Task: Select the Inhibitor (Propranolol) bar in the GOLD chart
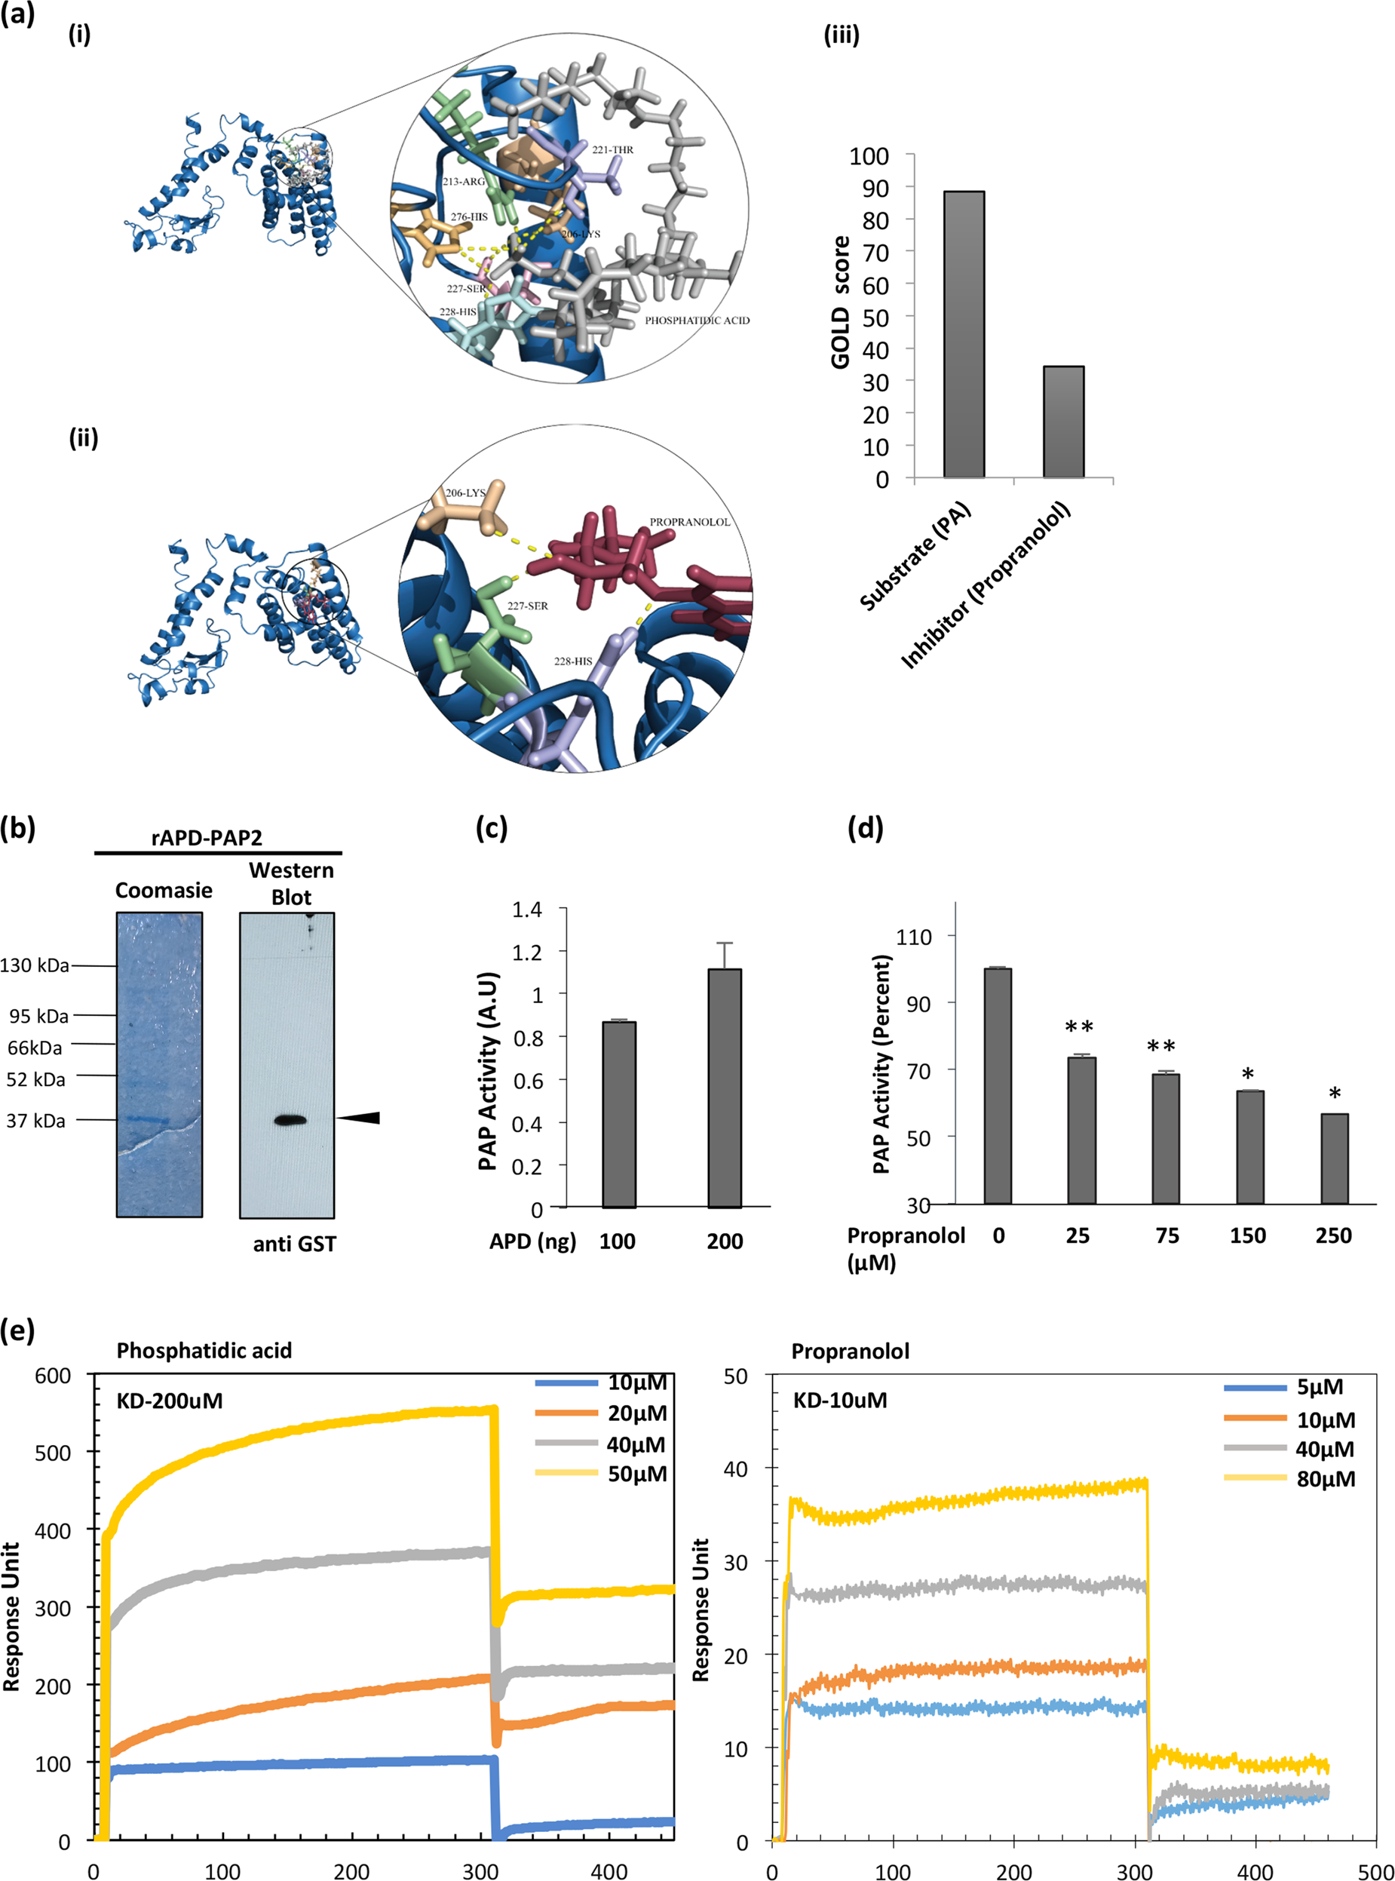pos(1063,422)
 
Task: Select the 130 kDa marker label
pos(35,965)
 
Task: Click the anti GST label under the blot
pos(294,1244)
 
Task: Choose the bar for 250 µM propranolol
pos(1334,1158)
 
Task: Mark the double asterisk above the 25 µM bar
pos(1079,1027)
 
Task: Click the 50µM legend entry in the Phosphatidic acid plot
pos(636,1474)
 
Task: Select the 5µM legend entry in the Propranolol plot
pos(1320,1387)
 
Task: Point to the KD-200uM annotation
pos(170,1401)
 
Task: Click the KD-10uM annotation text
pos(840,1401)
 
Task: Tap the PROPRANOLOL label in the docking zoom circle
pos(689,522)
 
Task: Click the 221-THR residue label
pos(612,149)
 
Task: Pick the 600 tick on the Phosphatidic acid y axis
pos(52,1376)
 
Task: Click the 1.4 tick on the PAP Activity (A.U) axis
pos(527,910)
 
